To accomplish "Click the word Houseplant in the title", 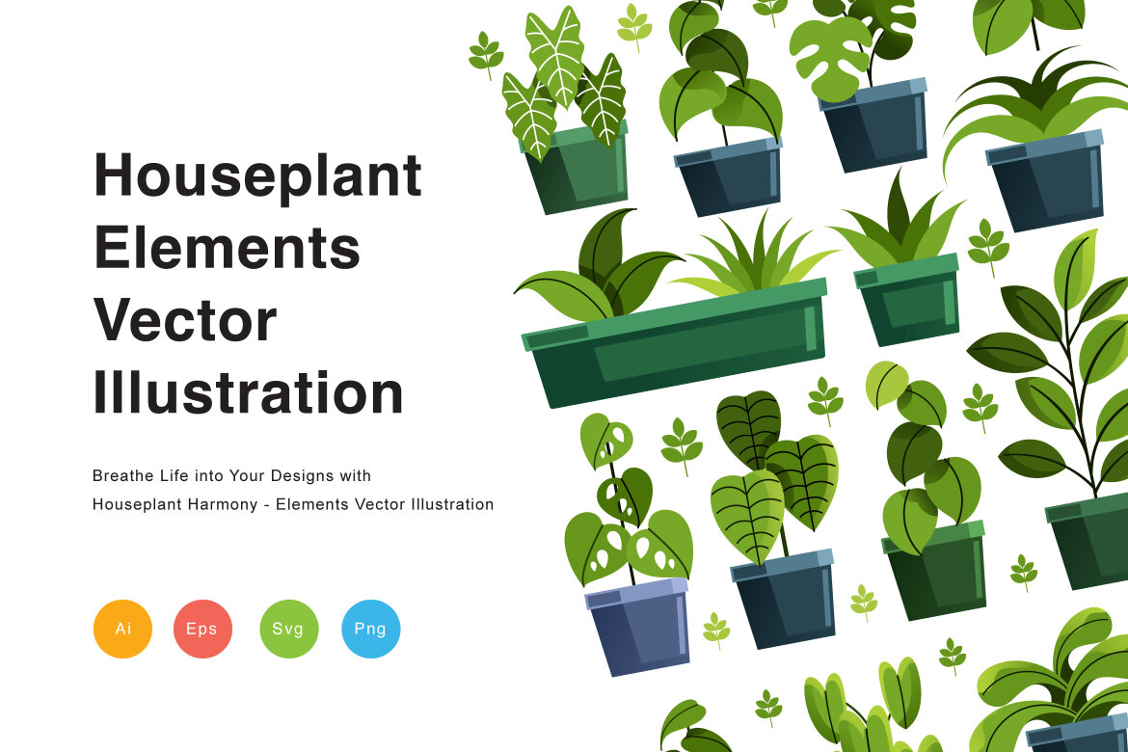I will pos(257,176).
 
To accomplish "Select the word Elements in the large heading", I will pos(227,248).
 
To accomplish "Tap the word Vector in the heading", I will pos(185,320).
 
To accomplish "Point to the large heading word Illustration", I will pos(248,392).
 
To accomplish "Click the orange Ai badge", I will pos(122,629).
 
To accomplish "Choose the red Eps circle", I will pos(202,629).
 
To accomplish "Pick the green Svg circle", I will pos(288,629).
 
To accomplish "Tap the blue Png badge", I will pos(370,629).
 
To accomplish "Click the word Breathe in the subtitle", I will pos(121,475).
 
